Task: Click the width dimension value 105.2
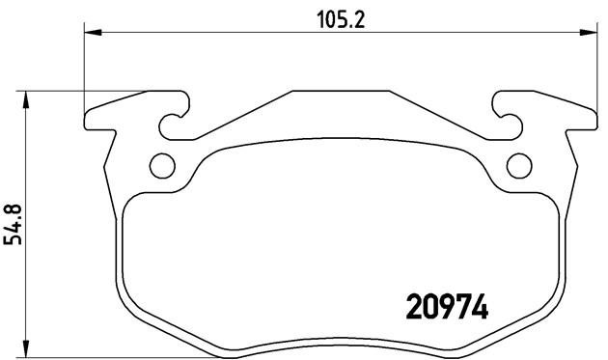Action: [x=338, y=17]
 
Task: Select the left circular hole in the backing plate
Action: [x=163, y=165]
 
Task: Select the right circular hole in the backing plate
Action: [x=518, y=165]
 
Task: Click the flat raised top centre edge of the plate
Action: [x=340, y=93]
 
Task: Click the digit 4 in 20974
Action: [x=478, y=307]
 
